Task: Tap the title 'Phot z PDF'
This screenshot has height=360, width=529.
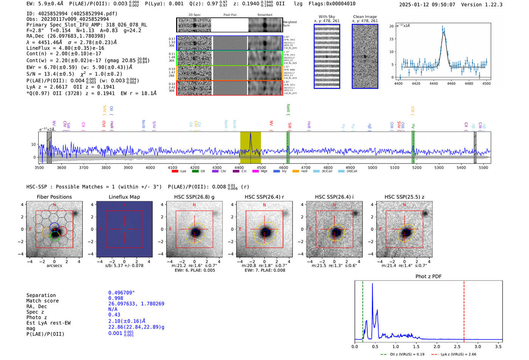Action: coord(428,277)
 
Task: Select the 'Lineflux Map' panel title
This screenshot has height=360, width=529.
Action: coord(124,197)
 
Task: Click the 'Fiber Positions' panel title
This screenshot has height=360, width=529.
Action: coord(54,197)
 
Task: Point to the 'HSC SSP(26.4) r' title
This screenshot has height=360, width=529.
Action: coord(264,197)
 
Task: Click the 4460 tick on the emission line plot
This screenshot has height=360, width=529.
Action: coord(451,83)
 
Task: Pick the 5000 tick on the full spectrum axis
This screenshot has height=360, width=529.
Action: coord(373,167)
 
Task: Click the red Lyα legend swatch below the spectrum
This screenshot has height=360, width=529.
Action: coord(175,172)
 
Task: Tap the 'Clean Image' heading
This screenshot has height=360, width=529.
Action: coord(365,17)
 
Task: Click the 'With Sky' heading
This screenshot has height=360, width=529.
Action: coord(327,17)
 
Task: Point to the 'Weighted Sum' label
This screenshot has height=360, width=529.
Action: coord(289,24)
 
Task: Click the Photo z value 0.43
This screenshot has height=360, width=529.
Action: coord(114,315)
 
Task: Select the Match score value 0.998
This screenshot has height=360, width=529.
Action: coord(116,298)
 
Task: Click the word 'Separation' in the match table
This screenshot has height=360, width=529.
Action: coord(41,295)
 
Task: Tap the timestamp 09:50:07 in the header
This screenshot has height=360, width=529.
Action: coord(442,5)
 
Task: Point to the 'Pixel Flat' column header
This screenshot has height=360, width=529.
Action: coord(230,15)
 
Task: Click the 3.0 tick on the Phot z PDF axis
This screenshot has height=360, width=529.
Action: coord(478,346)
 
